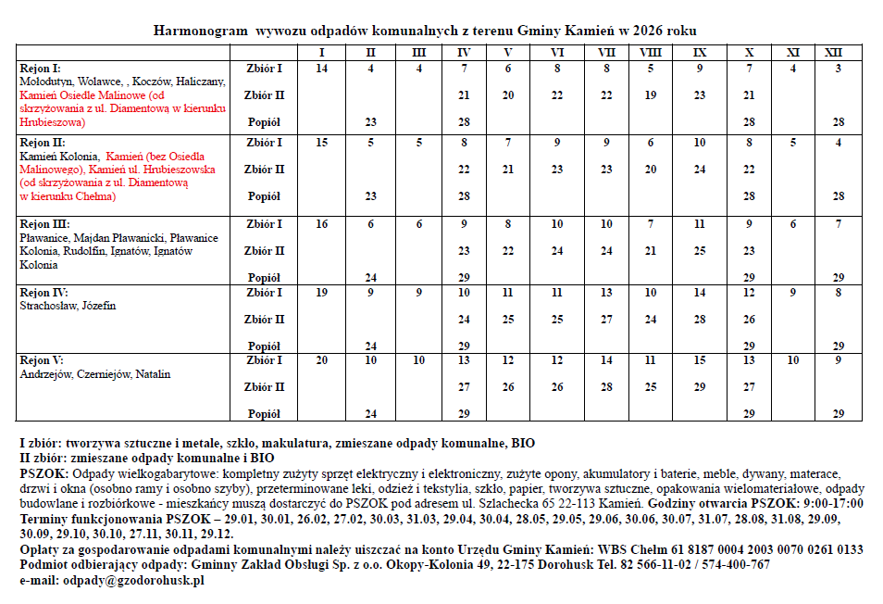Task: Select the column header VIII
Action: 651,53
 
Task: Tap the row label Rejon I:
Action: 40,69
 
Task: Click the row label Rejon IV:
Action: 43,293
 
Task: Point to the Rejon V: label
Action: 41,360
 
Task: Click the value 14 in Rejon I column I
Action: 321,69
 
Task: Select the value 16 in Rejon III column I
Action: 321,224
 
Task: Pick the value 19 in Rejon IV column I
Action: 321,293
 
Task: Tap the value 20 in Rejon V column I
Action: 321,360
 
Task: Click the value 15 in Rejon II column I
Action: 321,143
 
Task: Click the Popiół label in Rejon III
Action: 265,278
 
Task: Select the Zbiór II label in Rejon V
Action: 265,387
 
